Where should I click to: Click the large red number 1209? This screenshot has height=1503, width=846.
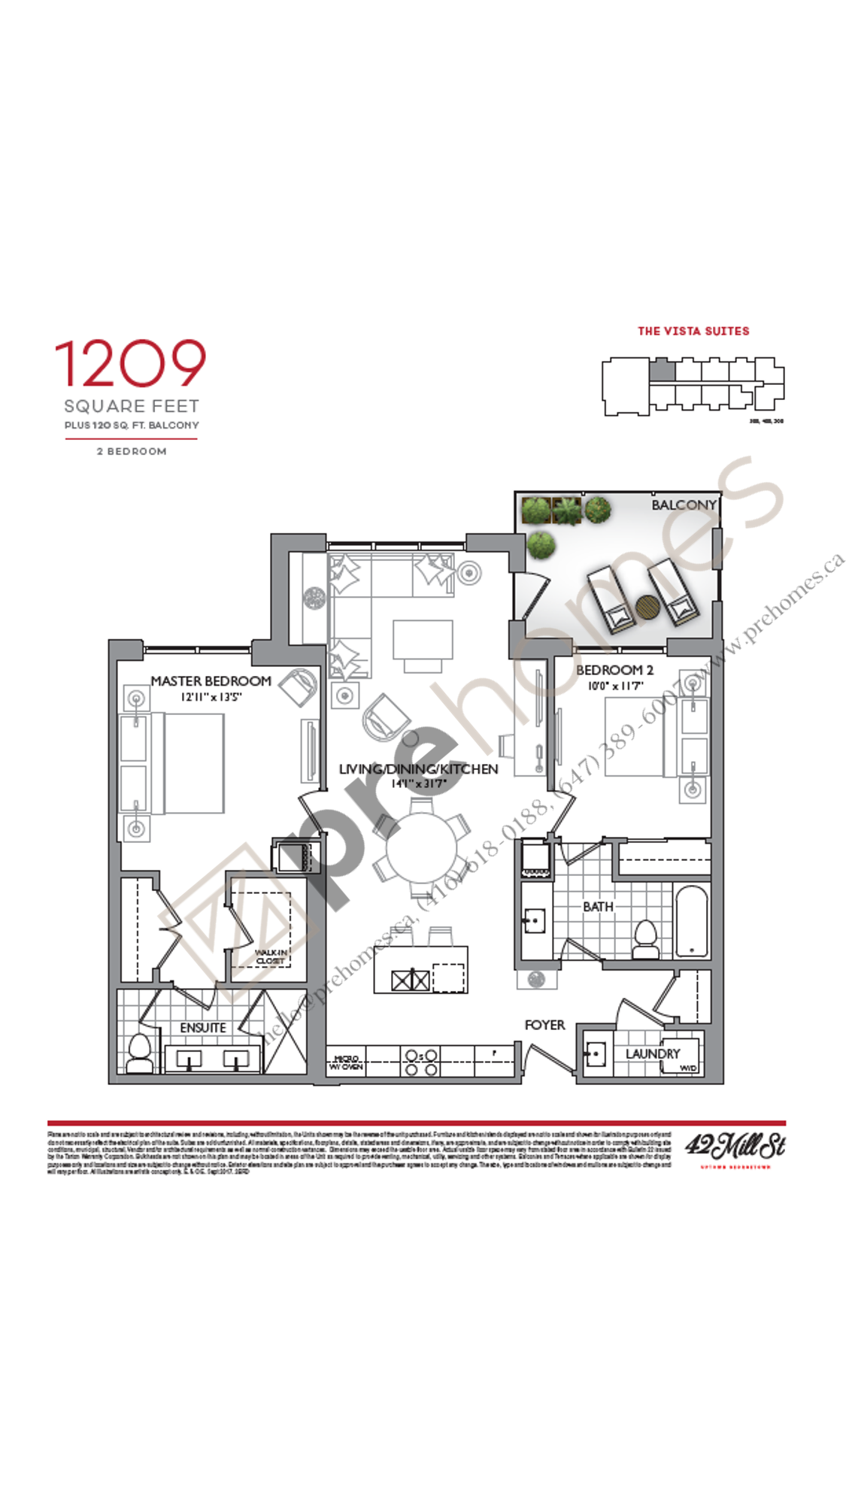pos(130,364)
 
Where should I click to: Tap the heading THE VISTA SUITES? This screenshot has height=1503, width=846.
pos(693,331)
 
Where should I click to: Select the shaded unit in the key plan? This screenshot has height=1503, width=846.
pos(662,369)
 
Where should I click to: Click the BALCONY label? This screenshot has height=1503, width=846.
pos(684,505)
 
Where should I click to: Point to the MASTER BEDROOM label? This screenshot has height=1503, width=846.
pos(211,680)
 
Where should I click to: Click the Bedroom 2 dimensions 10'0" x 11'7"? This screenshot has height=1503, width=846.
pos(615,686)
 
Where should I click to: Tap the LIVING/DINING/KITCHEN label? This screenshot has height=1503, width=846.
pos(418,768)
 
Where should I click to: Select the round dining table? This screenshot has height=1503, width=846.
pos(421,848)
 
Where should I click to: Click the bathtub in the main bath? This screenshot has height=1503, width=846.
pos(691,921)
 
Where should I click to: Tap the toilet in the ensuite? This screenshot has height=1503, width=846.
pos(140,1053)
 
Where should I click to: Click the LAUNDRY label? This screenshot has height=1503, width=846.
pos(652,1053)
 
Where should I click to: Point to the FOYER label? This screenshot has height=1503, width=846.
pos(544,1025)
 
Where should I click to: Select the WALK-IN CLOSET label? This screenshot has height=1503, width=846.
pos(270,956)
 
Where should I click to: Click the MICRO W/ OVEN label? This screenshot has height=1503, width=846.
pos(346,1062)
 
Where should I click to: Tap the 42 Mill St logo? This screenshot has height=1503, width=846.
pos(735,1147)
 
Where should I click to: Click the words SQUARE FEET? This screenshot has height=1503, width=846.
pos(132,406)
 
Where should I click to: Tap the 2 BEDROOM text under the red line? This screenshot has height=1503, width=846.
pos(132,451)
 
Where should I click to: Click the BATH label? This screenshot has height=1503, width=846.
pos(598,907)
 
